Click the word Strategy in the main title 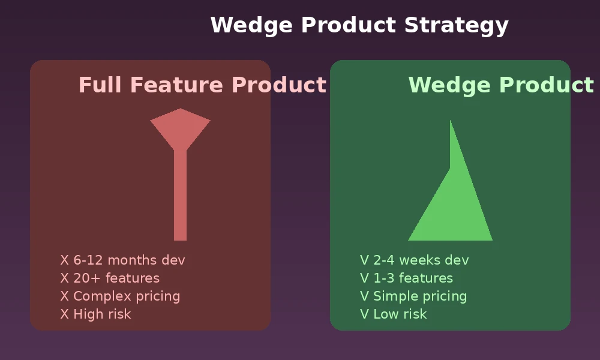pos(456,26)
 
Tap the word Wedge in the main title pos(251,26)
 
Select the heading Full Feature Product pos(202,85)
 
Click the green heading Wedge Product pos(501,85)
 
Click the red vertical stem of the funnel pos(180,195)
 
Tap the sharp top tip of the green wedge pos(451,121)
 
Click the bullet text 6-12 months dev pos(130,260)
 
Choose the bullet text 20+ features pos(116,278)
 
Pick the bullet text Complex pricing pos(127,296)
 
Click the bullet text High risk pos(102,314)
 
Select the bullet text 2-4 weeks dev pos(421,260)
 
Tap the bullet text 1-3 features pos(413,278)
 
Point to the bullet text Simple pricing pos(420,296)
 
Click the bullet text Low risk pos(400,314)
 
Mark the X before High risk pos(65,314)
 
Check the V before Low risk pos(365,314)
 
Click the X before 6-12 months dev pos(65,260)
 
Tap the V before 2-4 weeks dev pos(365,260)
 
